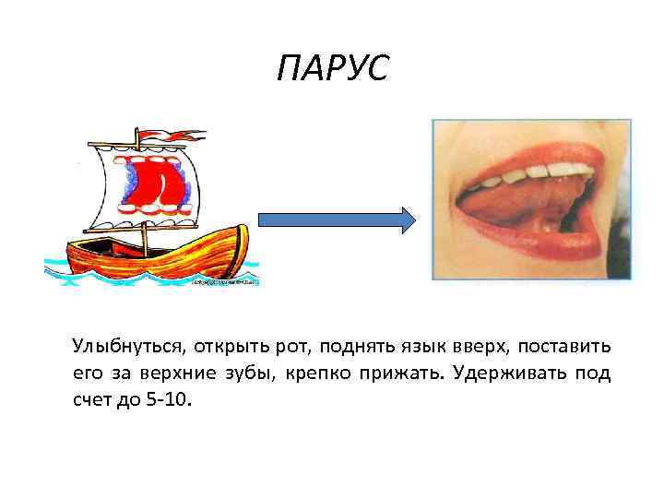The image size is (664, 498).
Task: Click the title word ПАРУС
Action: click(x=333, y=68)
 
